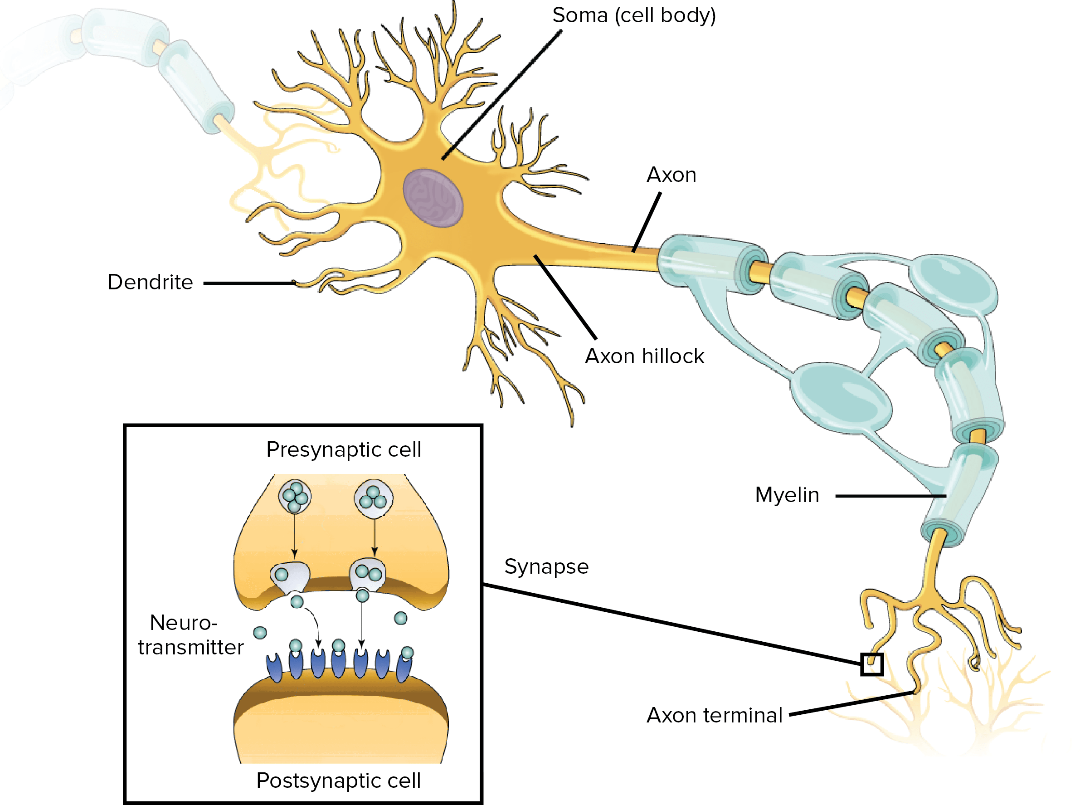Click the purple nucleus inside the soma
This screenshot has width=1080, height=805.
coord(433,198)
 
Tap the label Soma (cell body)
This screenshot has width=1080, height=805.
coord(634,15)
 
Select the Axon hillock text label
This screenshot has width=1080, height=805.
coord(644,356)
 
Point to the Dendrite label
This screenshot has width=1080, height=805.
coord(150,282)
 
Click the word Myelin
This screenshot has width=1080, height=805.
coord(787,495)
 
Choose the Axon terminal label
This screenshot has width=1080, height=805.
coord(714,715)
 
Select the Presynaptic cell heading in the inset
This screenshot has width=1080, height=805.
coord(343,450)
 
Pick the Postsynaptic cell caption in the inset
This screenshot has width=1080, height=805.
coord(338,781)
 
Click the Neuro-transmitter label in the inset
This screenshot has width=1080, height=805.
coord(190,635)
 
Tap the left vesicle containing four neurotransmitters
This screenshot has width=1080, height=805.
coord(295,497)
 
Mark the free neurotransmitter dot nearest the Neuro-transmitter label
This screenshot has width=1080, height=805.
coord(260,633)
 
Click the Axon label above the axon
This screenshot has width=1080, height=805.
coord(671,175)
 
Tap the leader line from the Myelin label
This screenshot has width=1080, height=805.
coord(890,496)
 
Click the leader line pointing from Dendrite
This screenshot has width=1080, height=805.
coord(249,283)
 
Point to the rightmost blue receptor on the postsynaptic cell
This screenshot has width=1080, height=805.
coord(404,667)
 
